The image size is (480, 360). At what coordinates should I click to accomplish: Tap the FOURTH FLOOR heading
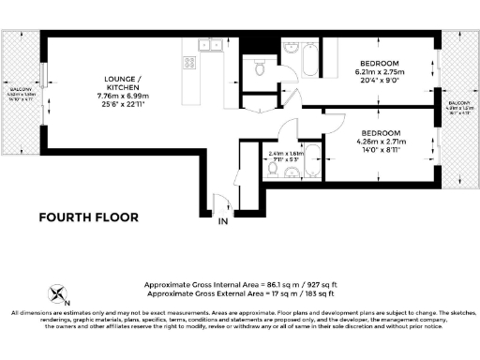tap(88, 217)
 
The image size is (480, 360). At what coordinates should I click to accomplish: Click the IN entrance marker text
tap(222, 222)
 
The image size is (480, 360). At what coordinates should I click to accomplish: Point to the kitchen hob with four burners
tap(189, 64)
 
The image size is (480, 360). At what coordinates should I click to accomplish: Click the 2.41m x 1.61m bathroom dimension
tap(286, 155)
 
